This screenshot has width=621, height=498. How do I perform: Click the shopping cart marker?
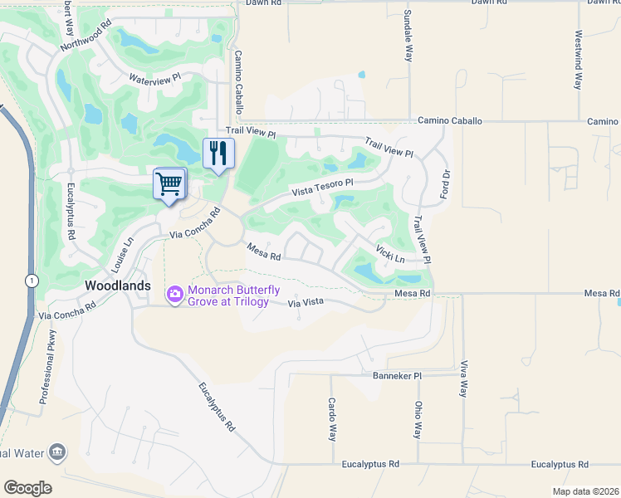[169, 183]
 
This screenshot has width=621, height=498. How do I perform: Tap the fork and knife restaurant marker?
[218, 153]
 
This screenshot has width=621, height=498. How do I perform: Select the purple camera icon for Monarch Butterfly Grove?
[174, 294]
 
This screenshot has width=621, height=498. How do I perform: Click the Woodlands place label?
[119, 285]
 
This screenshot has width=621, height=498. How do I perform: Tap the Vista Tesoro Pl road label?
[322, 188]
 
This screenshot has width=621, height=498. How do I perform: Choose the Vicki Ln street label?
[389, 253]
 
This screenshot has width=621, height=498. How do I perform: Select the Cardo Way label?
[332, 420]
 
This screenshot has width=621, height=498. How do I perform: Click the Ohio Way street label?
[418, 420]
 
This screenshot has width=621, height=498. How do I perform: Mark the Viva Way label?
[463, 378]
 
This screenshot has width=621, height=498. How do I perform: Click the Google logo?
[27, 487]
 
